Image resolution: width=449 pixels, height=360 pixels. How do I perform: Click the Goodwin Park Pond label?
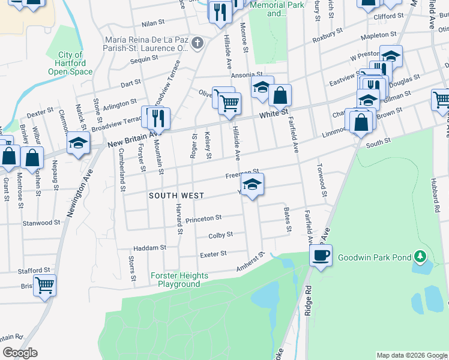[374, 257]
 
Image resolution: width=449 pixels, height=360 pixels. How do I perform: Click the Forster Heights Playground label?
[179, 280]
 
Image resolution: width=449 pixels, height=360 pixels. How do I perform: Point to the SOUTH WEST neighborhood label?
[176, 196]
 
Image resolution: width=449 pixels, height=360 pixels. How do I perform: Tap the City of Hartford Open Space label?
[71, 63]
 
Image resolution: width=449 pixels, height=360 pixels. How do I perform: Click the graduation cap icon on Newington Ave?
[79, 143]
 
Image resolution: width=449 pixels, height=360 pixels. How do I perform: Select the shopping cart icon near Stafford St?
[44, 285]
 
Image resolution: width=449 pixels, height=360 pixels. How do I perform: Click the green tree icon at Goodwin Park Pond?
[421, 257]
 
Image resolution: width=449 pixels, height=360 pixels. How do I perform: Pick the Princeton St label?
[203, 219]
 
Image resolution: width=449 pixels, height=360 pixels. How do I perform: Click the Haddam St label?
[149, 247]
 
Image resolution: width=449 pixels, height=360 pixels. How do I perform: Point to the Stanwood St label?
[41, 222]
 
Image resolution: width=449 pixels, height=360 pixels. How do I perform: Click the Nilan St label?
[152, 23]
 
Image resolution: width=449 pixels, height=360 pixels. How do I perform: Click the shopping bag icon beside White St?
[280, 94]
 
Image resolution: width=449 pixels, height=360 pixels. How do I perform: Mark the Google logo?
[20, 353]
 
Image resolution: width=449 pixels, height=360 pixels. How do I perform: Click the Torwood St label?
[322, 179]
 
